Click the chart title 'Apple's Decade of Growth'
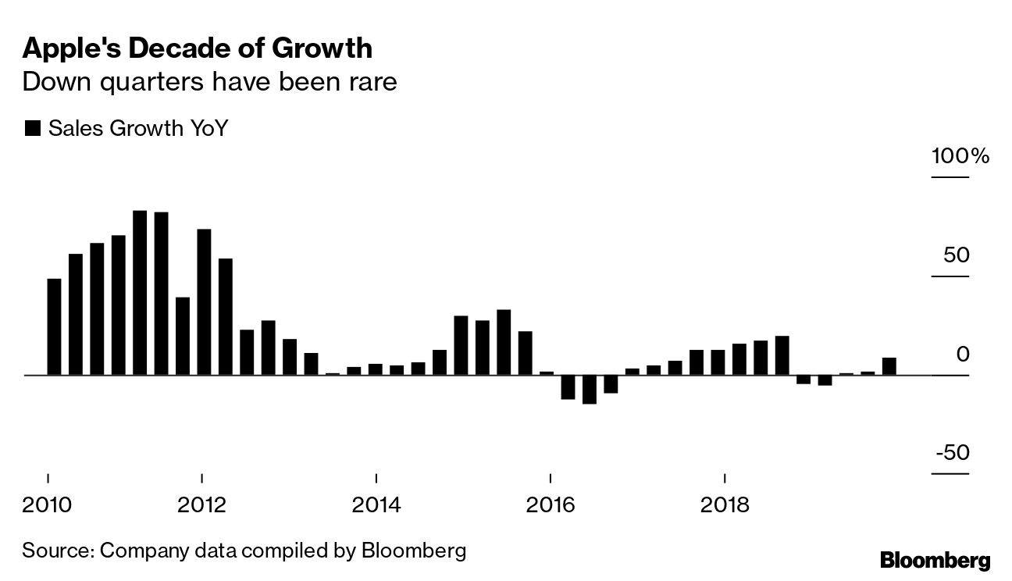click(x=197, y=48)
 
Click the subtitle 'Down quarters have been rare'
click(x=209, y=81)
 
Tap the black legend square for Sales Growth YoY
click(x=32, y=129)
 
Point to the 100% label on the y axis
click(x=960, y=156)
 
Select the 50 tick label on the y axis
click(x=953, y=256)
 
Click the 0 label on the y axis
click(x=962, y=355)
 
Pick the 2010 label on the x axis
click(x=48, y=504)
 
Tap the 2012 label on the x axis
click(x=202, y=504)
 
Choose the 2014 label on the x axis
click(x=376, y=504)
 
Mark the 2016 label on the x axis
click(x=551, y=504)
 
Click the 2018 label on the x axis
click(x=726, y=504)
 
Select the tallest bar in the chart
click(x=140, y=293)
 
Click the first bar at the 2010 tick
click(x=54, y=326)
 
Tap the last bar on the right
click(x=889, y=366)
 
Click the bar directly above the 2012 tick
click(x=205, y=302)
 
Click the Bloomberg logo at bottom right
click(x=935, y=560)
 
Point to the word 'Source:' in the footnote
click(x=58, y=551)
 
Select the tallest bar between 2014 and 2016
click(x=504, y=342)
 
